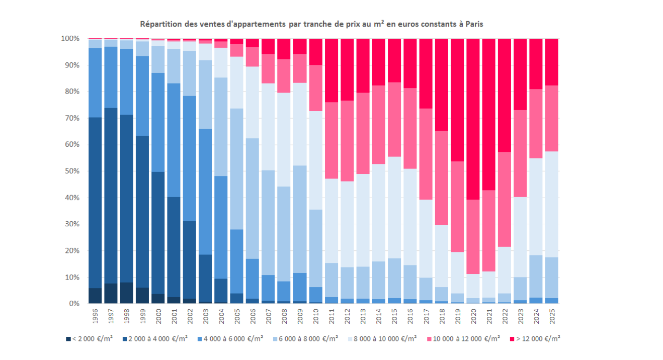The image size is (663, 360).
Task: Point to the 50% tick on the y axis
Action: [71, 171]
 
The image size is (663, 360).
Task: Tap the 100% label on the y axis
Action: [70, 39]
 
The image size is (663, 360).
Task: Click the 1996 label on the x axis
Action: [95, 315]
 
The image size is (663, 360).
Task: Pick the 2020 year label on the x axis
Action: [473, 315]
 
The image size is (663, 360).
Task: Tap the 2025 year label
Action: [551, 315]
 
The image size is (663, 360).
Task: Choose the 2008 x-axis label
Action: [284, 315]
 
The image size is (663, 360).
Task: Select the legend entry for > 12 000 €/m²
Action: [534, 339]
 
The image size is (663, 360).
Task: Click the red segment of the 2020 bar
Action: [473, 119]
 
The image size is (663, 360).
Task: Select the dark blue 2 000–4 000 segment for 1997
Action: [111, 196]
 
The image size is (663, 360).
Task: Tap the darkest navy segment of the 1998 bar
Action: [127, 293]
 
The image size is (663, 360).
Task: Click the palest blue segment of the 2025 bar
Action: [551, 204]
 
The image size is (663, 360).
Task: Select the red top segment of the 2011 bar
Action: [331, 70]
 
